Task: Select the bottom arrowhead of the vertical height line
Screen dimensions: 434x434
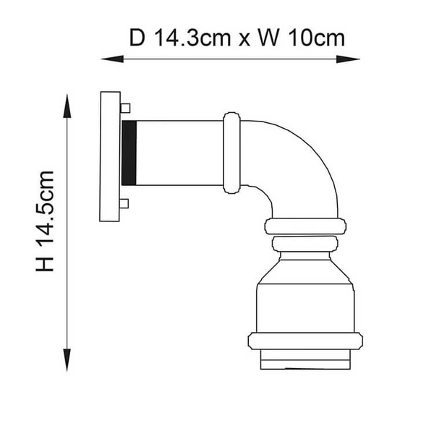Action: [x=68, y=359]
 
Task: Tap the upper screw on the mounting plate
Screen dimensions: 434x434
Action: [x=125, y=109]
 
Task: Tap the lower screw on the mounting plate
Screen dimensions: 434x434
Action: [x=125, y=203]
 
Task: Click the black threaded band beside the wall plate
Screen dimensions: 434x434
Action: [x=129, y=153]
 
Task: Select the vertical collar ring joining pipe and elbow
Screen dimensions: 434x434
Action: [x=231, y=153]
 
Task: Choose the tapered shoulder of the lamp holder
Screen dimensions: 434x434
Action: [x=304, y=271]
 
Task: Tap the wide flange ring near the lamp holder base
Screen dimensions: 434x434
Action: [x=305, y=341]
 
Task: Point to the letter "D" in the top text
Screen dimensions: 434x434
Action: [x=137, y=38]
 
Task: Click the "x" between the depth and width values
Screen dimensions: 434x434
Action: [x=245, y=39]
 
